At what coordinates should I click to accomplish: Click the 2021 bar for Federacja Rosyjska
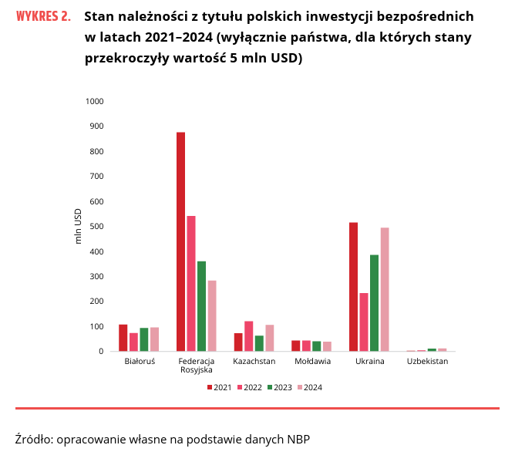pyautogui.click(x=180, y=242)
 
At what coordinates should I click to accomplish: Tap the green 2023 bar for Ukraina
pyautogui.click(x=374, y=303)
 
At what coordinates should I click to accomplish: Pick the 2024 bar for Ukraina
pyautogui.click(x=385, y=289)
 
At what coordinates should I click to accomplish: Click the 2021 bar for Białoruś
pyautogui.click(x=123, y=338)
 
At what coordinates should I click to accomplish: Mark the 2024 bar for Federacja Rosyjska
pyautogui.click(x=212, y=316)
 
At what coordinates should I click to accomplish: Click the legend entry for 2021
pyautogui.click(x=220, y=387)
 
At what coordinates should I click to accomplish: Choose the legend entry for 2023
pyautogui.click(x=280, y=387)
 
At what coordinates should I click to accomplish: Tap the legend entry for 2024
pyautogui.click(x=309, y=387)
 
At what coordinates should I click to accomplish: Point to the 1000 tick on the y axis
pyautogui.click(x=95, y=101)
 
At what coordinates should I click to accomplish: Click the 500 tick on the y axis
pyautogui.click(x=97, y=226)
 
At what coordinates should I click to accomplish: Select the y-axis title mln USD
pyautogui.click(x=78, y=226)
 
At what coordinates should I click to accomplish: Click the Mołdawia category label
pyautogui.click(x=312, y=361)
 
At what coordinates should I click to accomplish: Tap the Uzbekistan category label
pyautogui.click(x=427, y=361)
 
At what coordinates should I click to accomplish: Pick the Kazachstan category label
pyautogui.click(x=254, y=361)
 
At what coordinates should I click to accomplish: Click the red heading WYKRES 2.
pyautogui.click(x=42, y=16)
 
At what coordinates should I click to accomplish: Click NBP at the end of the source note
pyautogui.click(x=298, y=440)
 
